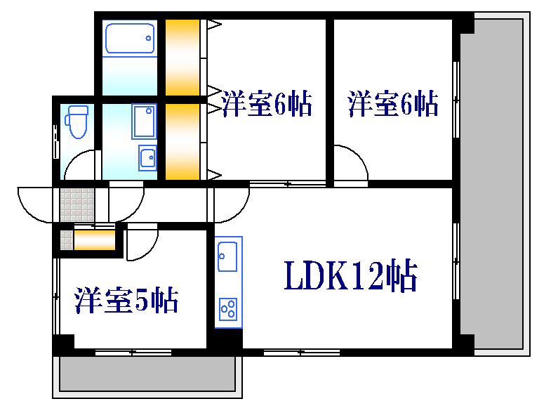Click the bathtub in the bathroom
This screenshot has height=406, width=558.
[x=131, y=39]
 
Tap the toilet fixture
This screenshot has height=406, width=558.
[x=77, y=122]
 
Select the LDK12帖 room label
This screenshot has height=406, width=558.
[x=350, y=275]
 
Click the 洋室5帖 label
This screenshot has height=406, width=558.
[x=126, y=300]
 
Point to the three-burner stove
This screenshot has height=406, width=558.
[x=228, y=309]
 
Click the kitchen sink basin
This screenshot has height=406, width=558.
[x=227, y=256]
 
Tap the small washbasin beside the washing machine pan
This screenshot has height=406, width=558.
[x=147, y=157]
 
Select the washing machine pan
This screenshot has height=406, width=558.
[x=144, y=122]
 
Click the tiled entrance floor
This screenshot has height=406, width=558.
[x=77, y=205]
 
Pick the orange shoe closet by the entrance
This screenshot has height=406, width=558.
[x=95, y=240]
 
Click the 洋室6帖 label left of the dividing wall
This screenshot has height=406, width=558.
[x=267, y=104]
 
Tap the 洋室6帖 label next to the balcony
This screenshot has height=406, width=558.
[x=393, y=104]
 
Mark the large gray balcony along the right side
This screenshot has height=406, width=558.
[x=491, y=184]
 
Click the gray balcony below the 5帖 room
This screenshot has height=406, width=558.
[x=147, y=374]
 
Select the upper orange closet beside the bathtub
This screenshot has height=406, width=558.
[x=182, y=58]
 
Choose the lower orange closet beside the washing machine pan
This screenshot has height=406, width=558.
[x=182, y=142]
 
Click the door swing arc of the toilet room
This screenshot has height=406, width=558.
[x=74, y=157]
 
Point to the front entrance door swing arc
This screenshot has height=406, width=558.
[x=28, y=211]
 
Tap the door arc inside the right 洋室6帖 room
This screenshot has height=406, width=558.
[x=359, y=156]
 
